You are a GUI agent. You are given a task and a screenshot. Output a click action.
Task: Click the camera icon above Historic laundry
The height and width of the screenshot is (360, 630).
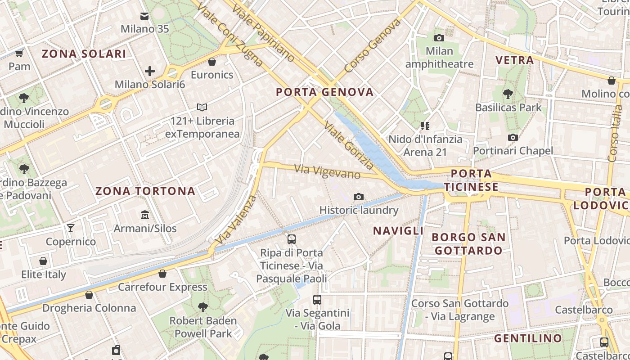tap(359, 197)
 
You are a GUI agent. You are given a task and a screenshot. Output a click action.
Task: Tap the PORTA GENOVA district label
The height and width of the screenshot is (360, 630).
tap(324, 92)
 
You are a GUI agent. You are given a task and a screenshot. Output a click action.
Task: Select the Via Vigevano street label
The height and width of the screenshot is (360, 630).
tap(328, 171)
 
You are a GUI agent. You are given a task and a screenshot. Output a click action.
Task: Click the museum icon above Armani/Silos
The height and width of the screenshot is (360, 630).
tap(145, 215)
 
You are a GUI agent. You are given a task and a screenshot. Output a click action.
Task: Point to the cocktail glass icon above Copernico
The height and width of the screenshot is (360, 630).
tap(71, 228)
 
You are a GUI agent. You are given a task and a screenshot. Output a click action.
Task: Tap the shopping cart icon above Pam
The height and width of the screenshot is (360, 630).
tap(19, 54)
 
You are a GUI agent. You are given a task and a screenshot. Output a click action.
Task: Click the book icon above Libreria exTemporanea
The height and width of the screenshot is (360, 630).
tap(202, 108)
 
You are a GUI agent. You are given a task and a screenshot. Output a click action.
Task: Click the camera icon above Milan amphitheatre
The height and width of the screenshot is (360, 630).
tap(439, 38)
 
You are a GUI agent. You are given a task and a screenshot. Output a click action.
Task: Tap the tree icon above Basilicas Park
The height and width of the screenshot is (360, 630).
tap(508, 94)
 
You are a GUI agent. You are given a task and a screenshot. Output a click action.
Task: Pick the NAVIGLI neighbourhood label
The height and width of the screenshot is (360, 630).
tap(398, 231)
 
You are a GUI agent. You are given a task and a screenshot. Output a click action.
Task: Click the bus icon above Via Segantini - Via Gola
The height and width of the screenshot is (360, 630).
tap(317, 299)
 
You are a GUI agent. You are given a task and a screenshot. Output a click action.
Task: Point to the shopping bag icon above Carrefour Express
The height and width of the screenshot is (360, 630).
tap(162, 273)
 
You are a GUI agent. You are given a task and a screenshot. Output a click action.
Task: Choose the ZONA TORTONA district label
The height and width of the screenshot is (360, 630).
tap(145, 191)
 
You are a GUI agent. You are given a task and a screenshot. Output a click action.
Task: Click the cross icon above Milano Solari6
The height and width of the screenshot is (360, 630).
tap(150, 71)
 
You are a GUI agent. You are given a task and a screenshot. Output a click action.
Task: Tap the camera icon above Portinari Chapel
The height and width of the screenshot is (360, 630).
tap(513, 137)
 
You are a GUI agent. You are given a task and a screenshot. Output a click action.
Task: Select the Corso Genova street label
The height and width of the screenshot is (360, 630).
tap(373, 46)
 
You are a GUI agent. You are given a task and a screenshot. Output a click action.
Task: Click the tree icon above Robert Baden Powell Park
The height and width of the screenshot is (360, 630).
tap(203, 307)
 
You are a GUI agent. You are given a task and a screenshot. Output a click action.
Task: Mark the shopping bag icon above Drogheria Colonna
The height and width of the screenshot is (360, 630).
tap(89, 295)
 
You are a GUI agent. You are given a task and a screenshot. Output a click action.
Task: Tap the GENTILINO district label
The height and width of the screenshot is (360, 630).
tap(528, 338)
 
